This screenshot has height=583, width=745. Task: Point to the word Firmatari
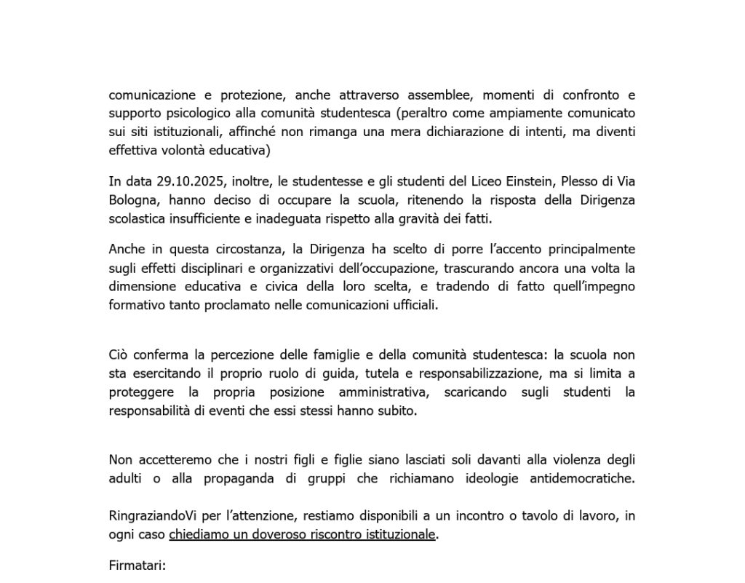[138, 565]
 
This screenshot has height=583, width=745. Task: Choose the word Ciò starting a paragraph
[119, 355]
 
